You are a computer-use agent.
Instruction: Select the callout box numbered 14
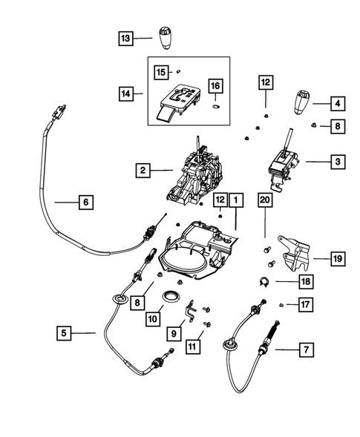(x=125, y=94)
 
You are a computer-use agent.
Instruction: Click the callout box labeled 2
(x=143, y=171)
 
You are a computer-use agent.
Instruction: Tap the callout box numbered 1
(x=235, y=200)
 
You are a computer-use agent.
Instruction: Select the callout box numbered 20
(x=264, y=200)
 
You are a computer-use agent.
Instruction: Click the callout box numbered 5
(x=65, y=334)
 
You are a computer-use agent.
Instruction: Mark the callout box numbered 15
(x=161, y=72)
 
